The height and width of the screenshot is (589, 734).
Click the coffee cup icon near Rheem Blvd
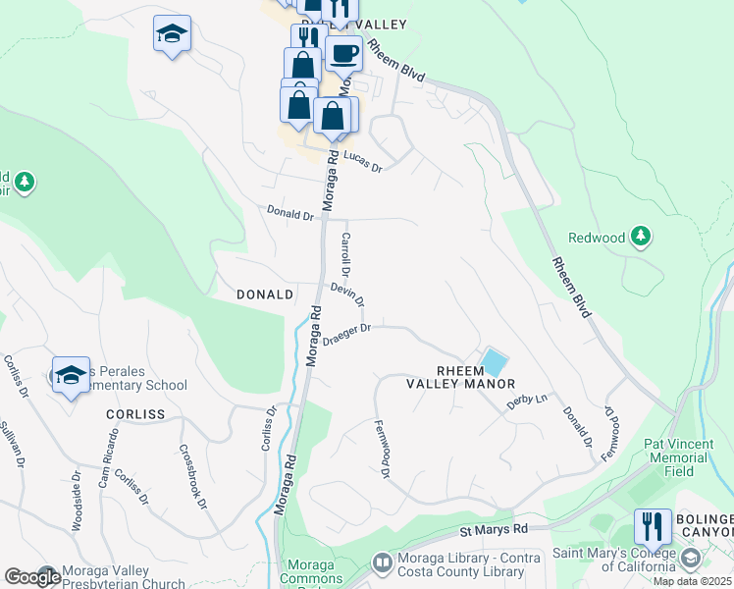(343, 54)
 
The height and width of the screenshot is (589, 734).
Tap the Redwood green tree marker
(640, 237)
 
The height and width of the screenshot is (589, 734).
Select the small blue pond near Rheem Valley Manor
(494, 362)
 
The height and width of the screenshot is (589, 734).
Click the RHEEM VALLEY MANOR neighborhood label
(461, 377)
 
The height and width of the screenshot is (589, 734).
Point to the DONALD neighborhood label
(265, 294)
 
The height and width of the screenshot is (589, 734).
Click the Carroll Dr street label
(345, 252)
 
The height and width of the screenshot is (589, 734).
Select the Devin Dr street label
(347, 294)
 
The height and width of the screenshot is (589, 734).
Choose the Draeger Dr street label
(346, 335)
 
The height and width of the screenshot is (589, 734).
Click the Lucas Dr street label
(361, 162)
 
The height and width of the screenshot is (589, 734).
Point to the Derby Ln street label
(526, 401)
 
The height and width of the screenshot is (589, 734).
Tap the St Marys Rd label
(494, 530)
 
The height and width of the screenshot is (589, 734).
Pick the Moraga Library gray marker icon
(382, 563)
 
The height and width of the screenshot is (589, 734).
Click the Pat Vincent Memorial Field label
(682, 456)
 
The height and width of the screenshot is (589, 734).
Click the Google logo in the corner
(31, 576)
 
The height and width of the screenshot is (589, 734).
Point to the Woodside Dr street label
(76, 501)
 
